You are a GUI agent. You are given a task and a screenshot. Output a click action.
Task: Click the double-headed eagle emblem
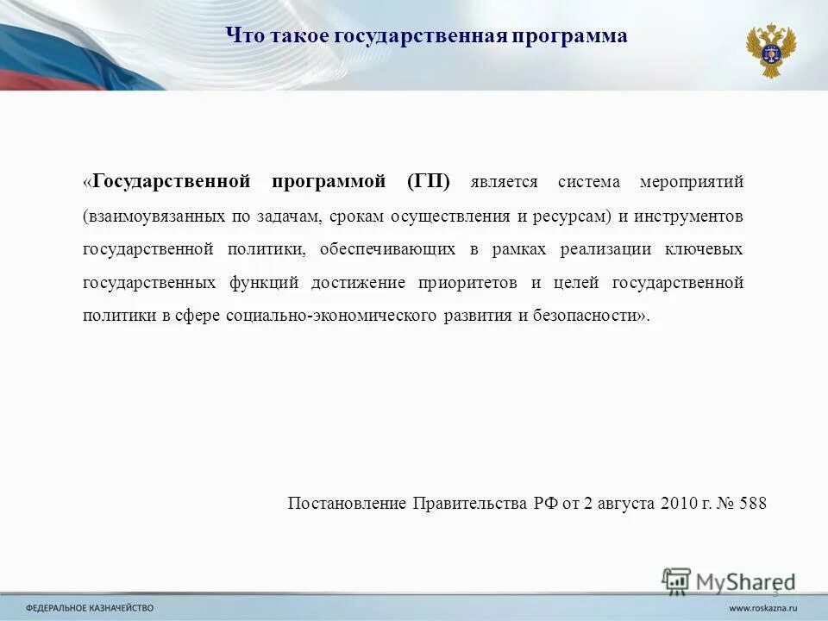tap(770, 50)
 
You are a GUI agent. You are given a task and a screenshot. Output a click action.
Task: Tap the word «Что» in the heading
tap(241, 36)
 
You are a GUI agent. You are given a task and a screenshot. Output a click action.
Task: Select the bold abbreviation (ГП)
tap(429, 182)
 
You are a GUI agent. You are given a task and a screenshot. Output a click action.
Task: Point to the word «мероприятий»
tap(692, 182)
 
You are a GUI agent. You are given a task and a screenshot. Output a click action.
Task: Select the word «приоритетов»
tap(467, 283)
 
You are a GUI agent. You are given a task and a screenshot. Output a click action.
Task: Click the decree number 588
tap(753, 504)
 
